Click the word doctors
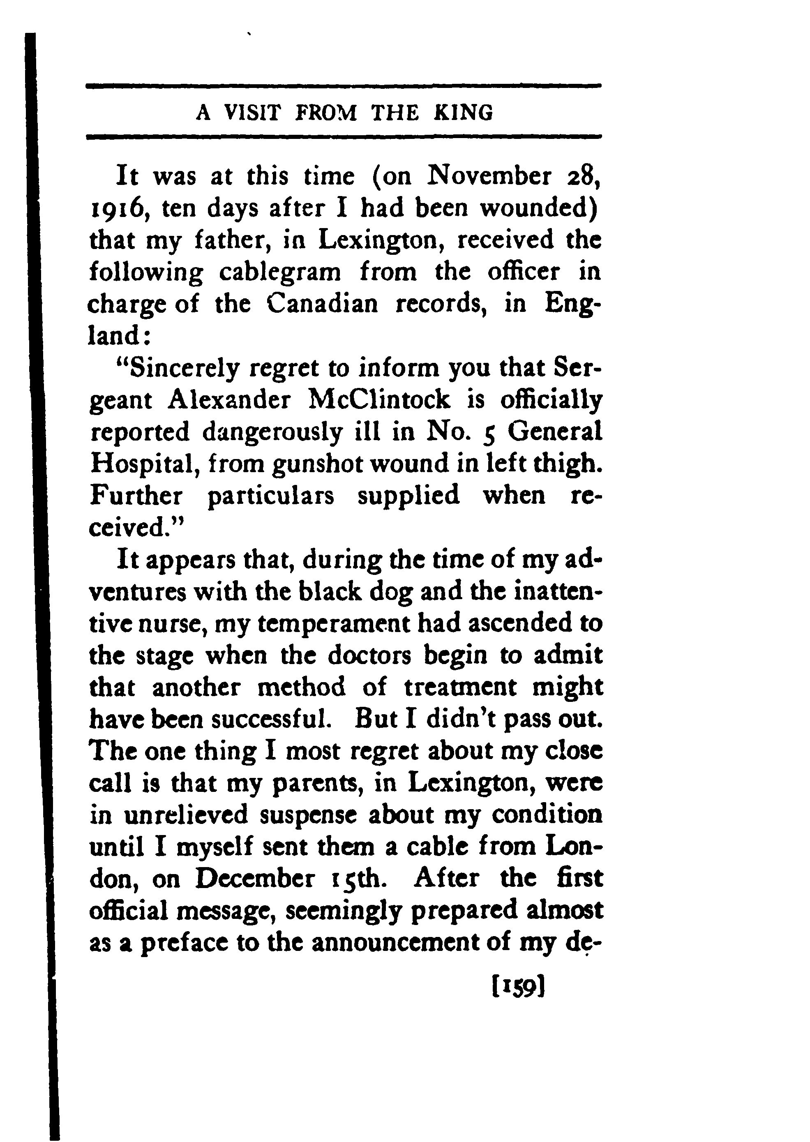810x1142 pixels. coord(369,656)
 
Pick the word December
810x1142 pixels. coord(255,880)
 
